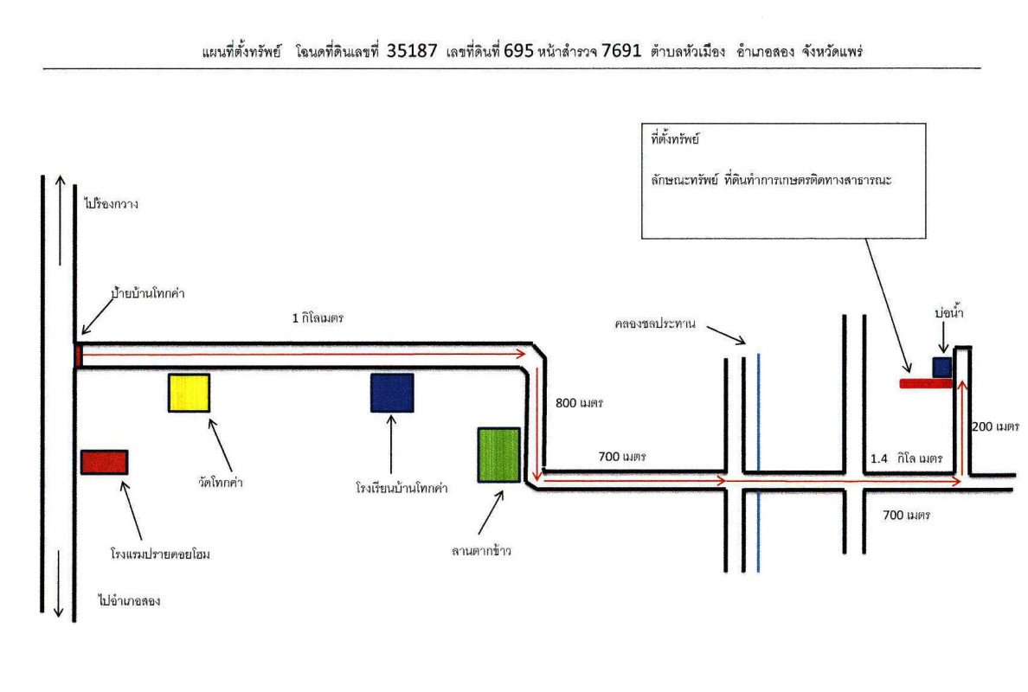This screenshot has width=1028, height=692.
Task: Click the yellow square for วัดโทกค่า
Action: click(x=189, y=393)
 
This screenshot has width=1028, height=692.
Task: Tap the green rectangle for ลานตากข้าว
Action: click(x=498, y=454)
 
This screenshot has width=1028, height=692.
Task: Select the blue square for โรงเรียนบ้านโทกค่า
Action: click(x=392, y=393)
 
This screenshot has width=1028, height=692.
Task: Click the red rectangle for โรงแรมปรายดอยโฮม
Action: click(x=104, y=462)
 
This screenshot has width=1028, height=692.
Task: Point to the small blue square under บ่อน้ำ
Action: click(x=941, y=367)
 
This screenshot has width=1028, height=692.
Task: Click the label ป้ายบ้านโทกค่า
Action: click(x=148, y=293)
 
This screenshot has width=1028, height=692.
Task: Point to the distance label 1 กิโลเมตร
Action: click(x=318, y=317)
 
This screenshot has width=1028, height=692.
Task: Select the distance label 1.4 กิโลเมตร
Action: click(x=906, y=458)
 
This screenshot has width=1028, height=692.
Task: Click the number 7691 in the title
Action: click(x=621, y=50)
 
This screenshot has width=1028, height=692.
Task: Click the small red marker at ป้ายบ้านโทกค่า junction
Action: click(x=78, y=355)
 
